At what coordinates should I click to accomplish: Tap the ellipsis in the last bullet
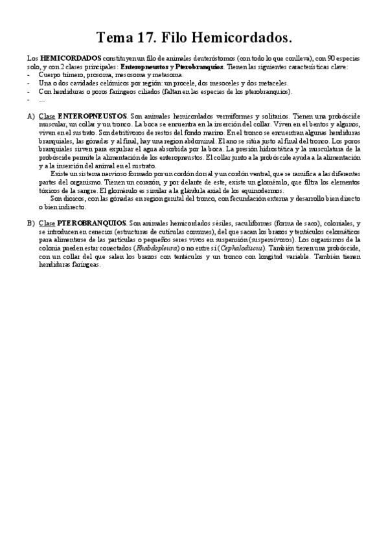click(x=41, y=100)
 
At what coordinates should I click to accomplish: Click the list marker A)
click(x=30, y=116)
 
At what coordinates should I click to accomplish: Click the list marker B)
click(x=30, y=223)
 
